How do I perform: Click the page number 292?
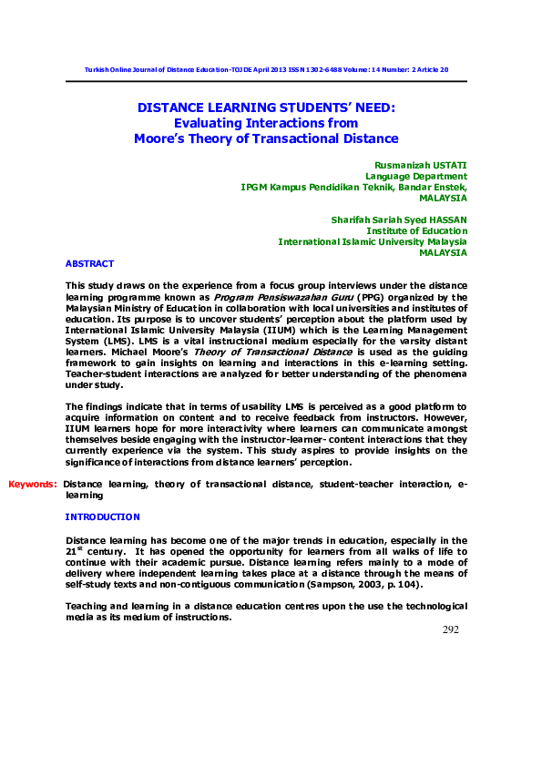coord(450,629)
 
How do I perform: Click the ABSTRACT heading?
coord(89,263)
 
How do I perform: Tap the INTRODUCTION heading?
coord(102,516)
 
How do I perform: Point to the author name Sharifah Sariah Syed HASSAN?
coord(400,220)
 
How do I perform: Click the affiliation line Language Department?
coord(416,176)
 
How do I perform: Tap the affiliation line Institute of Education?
coord(423,230)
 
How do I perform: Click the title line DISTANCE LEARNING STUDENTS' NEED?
coord(266,107)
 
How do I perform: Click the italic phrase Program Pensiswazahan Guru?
coord(264,297)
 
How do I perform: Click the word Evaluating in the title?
coord(206,122)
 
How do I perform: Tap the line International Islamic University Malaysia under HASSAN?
coord(372,241)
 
